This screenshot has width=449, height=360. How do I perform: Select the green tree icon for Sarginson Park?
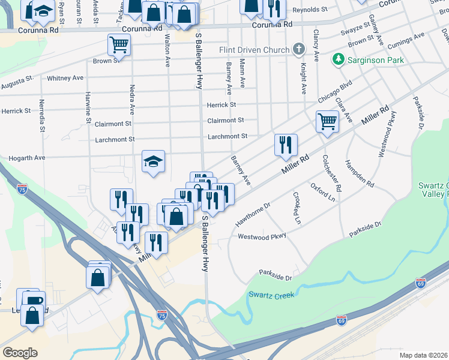click(x=339, y=59)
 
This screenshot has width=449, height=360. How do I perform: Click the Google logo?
click(x=20, y=353)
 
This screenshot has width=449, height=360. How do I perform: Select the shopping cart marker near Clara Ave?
click(x=327, y=121)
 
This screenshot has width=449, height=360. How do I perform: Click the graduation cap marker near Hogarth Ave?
click(x=154, y=161)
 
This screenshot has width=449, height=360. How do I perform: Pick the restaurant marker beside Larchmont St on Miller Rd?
click(x=286, y=145)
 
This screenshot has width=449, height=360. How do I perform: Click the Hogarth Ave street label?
click(x=27, y=158)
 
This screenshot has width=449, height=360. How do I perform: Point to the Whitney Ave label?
click(x=65, y=78)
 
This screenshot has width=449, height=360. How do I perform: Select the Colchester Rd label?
click(x=332, y=173)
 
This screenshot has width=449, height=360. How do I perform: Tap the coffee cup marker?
click(x=34, y=299)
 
